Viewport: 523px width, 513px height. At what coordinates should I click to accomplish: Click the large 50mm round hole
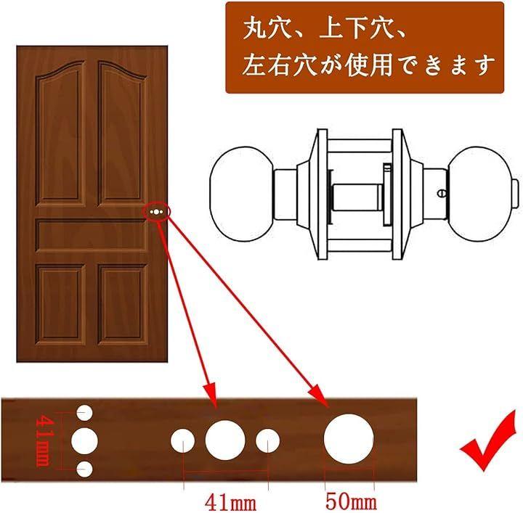349,439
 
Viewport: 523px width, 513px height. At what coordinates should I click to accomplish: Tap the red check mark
488,440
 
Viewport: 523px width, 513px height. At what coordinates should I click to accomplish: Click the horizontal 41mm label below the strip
230,503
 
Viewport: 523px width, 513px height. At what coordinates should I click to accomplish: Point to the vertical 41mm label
44,440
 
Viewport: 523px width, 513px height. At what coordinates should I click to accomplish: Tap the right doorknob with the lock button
483,194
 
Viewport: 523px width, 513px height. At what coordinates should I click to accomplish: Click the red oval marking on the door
157,212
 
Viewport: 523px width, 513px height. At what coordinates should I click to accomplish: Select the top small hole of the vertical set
84,414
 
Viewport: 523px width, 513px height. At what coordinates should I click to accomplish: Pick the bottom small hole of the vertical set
84,469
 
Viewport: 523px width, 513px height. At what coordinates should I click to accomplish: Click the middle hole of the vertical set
84,441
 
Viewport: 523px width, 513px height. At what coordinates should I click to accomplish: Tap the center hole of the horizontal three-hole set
225,440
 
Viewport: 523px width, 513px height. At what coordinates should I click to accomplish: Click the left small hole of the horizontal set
182,440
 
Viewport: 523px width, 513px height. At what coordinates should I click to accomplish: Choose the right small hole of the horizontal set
267,440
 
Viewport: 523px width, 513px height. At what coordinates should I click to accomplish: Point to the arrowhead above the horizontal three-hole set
211,395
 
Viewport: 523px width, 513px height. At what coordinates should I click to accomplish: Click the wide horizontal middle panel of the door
92,235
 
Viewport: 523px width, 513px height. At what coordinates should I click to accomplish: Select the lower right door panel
123,305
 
